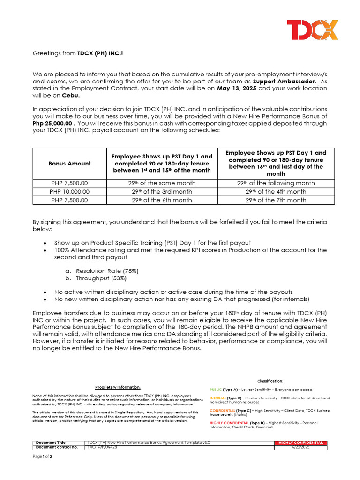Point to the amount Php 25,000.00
pyautogui.click(x=52, y=123)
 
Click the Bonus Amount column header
pyautogui.click(x=70, y=163)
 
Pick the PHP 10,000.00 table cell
pyautogui.click(x=70, y=192)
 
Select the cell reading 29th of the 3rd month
pyautogui.click(x=160, y=192)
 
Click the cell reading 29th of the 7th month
pyautogui.click(x=276, y=200)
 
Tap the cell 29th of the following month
pyautogui.click(x=276, y=183)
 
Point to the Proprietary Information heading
pyautogui.click(x=118, y=387)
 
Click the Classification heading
pyautogui.click(x=270, y=381)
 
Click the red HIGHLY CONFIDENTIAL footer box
pyautogui.click(x=300, y=442)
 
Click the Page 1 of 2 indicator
pyautogui.click(x=42, y=457)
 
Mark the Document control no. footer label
pyautogui.click(x=57, y=447)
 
